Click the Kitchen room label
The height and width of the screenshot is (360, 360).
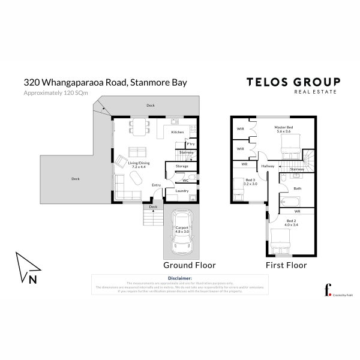point(177,132)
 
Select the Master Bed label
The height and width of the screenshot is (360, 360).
point(283,129)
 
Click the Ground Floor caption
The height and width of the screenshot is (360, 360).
point(189,265)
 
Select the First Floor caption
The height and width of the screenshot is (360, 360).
point(286,265)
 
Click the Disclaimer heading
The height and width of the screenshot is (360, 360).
point(180,278)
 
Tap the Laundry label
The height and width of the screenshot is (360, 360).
point(182,191)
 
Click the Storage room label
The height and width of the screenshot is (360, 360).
point(182,166)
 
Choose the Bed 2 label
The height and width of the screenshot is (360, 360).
point(291,223)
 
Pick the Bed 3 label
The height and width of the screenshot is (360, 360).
point(250,181)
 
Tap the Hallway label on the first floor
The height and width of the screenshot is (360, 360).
point(268,166)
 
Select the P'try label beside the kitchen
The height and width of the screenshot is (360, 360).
point(190,144)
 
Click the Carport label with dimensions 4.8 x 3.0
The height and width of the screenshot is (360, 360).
point(182,229)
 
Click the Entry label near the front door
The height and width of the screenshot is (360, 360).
point(156,185)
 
